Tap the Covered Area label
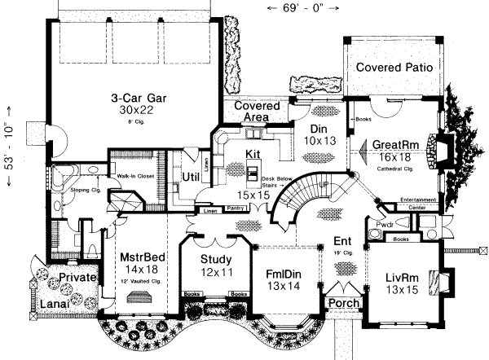[257, 112]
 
